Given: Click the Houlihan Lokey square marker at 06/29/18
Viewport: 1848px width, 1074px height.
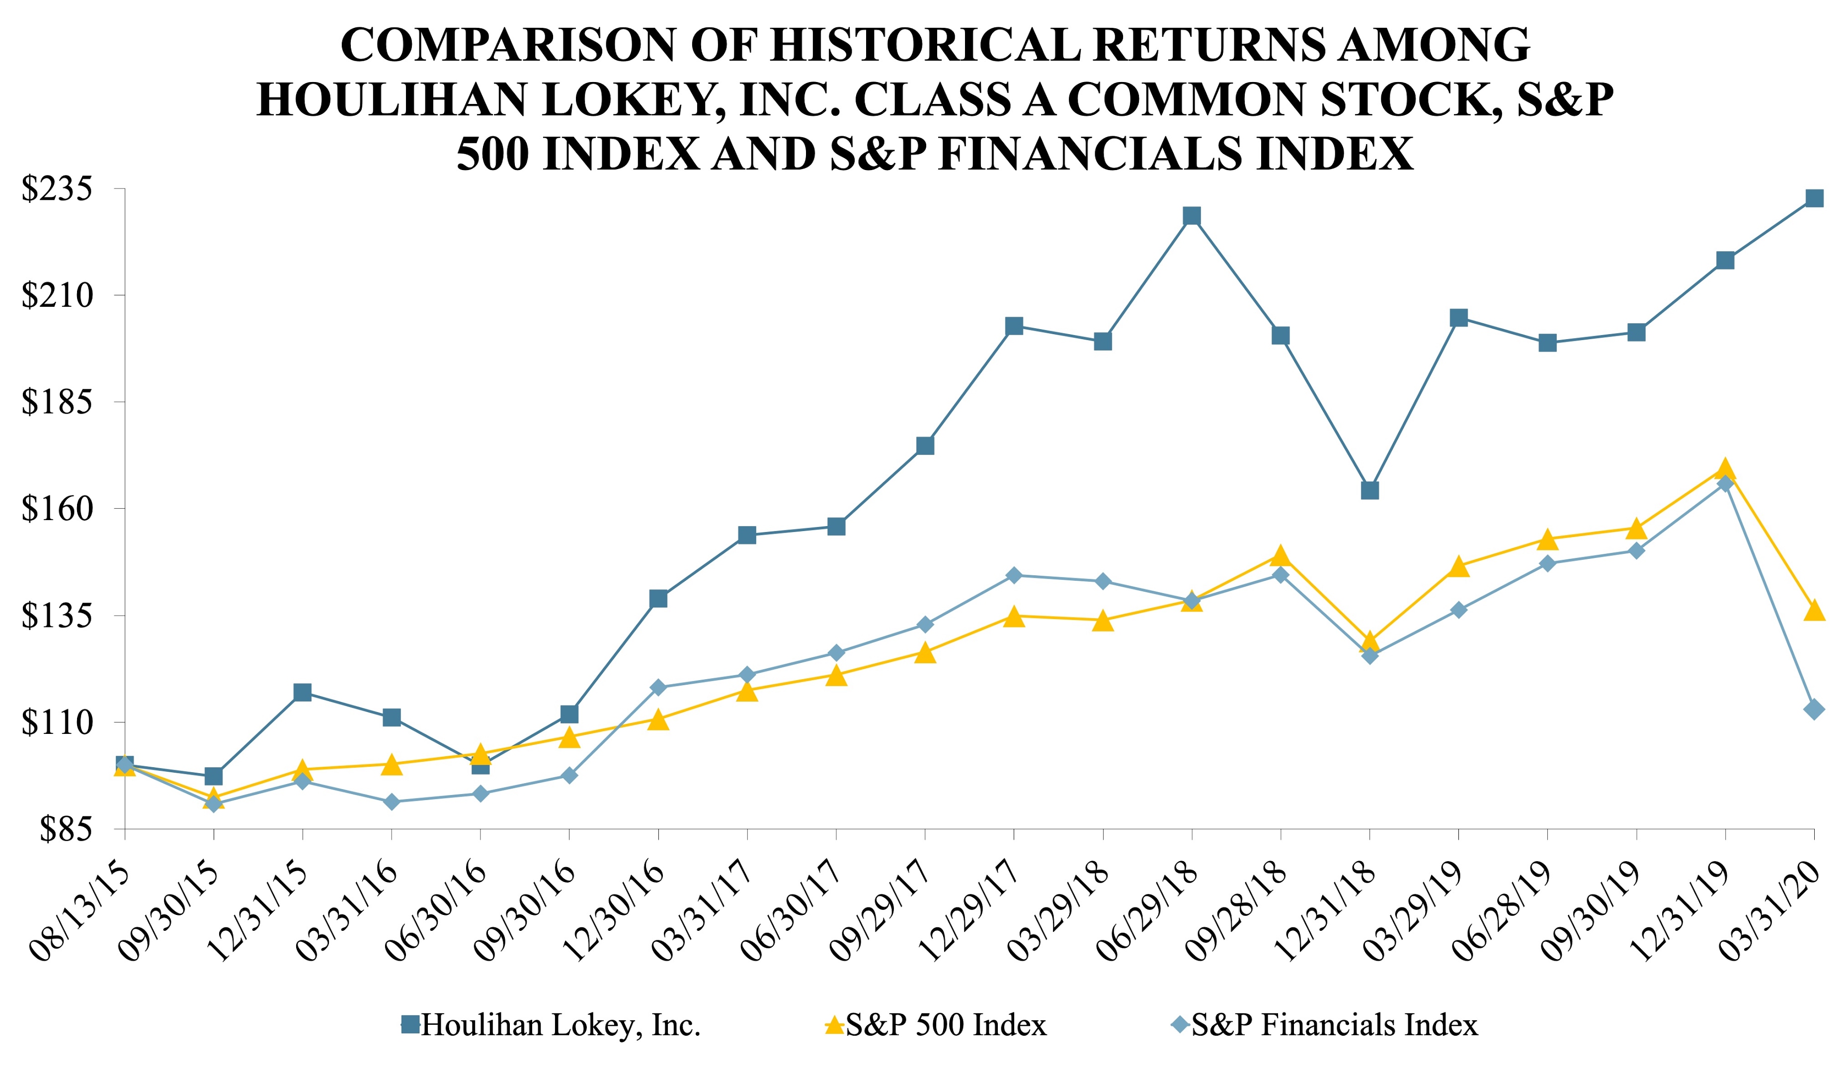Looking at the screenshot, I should pos(1192,216).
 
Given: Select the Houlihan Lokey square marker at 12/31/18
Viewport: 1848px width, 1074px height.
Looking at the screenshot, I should pos(1369,490).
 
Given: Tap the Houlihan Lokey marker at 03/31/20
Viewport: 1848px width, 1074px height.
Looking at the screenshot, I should pos(1814,198).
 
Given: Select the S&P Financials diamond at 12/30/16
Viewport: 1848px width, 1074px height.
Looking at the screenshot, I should pos(658,687).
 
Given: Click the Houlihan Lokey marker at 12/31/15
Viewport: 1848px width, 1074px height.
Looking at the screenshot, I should pos(302,692).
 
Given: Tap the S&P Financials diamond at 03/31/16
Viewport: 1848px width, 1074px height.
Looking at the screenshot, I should pos(392,802).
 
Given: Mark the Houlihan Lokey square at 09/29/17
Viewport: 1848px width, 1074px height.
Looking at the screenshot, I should pos(925,446).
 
